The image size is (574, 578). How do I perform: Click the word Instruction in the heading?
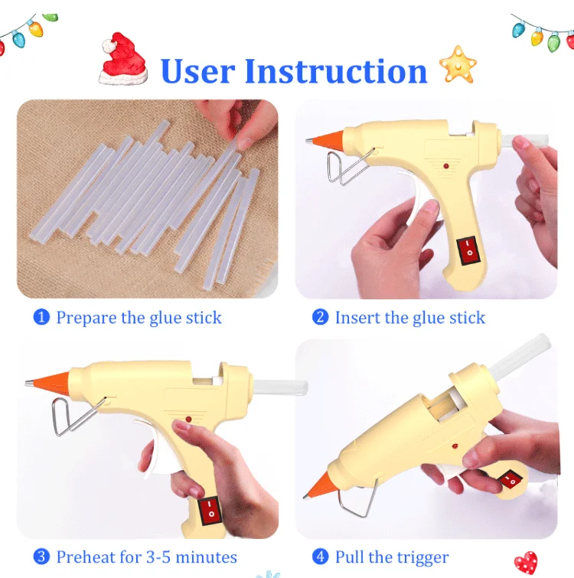pos(336,71)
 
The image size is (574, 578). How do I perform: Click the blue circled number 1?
pos(41,317)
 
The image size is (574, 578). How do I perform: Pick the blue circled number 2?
pos(321,317)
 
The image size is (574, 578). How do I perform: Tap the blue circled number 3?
pos(41,557)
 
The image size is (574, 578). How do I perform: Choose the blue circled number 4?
pos(321,557)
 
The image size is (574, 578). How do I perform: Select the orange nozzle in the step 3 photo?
pos(48,381)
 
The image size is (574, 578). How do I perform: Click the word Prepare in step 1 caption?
pos(86,318)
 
